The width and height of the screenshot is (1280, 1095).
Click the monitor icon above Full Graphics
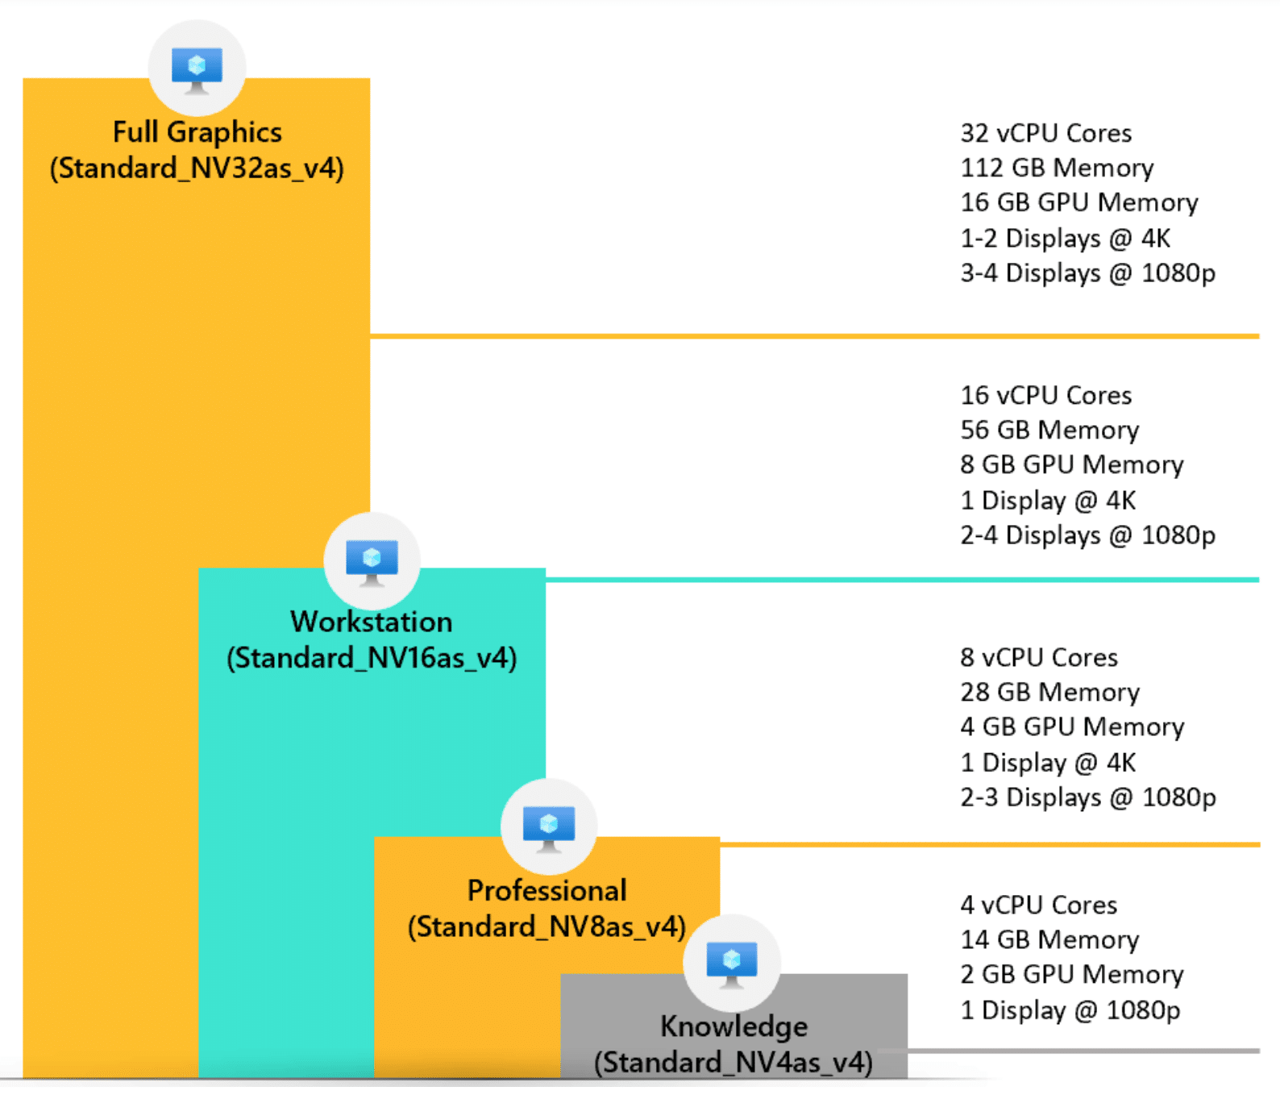(x=197, y=69)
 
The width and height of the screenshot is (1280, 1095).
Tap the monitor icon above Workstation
(x=372, y=560)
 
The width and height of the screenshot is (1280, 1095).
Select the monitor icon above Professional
(x=548, y=827)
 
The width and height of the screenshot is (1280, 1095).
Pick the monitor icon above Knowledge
(x=731, y=963)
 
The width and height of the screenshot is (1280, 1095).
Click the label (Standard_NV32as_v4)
(x=197, y=169)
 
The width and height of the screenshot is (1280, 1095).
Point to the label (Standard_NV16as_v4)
(x=372, y=658)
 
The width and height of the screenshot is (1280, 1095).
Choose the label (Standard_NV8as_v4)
(x=546, y=926)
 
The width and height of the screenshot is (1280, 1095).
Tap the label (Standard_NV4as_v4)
(x=734, y=1062)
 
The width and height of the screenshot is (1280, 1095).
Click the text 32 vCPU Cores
(x=1045, y=133)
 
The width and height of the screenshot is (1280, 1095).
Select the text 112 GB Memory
(x=1057, y=168)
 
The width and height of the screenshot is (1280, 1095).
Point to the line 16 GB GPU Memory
(x=1078, y=202)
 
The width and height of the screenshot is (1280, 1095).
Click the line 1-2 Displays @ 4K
(x=1065, y=238)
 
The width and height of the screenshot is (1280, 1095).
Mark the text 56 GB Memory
(x=1049, y=430)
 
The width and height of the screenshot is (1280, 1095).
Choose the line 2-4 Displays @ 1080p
(x=1087, y=535)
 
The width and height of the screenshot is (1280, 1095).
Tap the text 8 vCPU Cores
(x=1038, y=657)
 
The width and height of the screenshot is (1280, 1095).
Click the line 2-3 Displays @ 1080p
(x=1087, y=797)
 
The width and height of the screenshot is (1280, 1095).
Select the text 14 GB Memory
(x=1049, y=939)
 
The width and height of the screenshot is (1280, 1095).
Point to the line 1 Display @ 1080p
(x=1070, y=1010)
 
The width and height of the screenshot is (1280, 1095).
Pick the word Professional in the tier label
(x=546, y=890)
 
